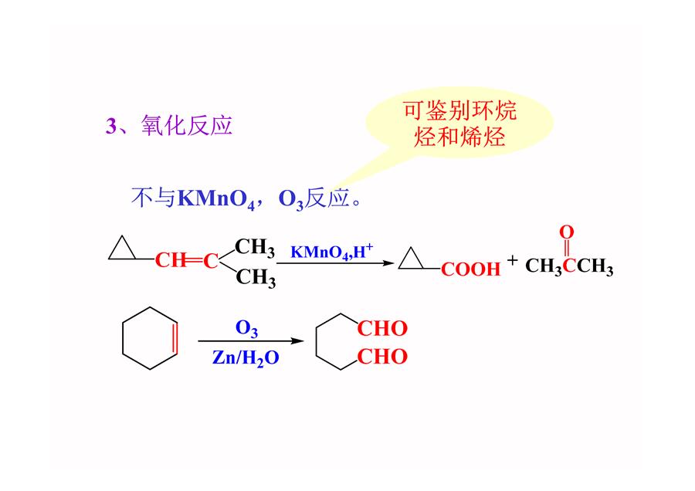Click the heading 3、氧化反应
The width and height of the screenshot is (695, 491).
(x=169, y=125)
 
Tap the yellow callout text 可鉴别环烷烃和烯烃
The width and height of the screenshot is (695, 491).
(x=459, y=124)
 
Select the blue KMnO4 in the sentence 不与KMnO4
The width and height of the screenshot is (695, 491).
(x=216, y=199)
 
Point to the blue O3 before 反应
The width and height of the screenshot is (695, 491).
(x=291, y=199)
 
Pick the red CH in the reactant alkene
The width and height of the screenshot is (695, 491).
(x=171, y=261)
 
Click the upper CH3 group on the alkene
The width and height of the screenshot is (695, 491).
(x=255, y=248)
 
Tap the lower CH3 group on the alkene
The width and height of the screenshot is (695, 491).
(x=256, y=278)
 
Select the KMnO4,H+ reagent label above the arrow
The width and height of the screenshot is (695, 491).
(x=331, y=251)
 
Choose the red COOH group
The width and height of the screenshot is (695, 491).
(x=471, y=269)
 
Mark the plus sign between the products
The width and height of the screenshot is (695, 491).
(x=513, y=260)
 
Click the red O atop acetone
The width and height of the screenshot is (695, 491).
(x=567, y=232)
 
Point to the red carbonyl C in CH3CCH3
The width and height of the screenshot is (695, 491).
(x=569, y=266)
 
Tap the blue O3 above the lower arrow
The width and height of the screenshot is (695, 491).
(x=246, y=329)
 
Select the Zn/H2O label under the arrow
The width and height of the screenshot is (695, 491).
(x=246, y=358)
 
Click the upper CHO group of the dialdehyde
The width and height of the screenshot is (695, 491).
(x=382, y=329)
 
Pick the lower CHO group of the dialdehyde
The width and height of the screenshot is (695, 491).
(x=382, y=357)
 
